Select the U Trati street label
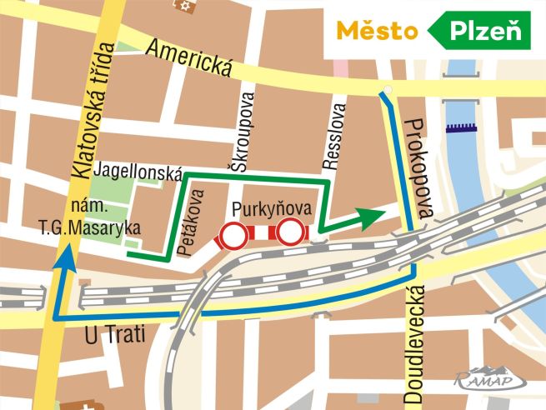pyautogui.click(x=116, y=335)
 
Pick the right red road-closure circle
pyautogui.click(x=291, y=232)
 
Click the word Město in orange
pyautogui.click(x=377, y=32)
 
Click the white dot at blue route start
pyautogui.click(x=385, y=91)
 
